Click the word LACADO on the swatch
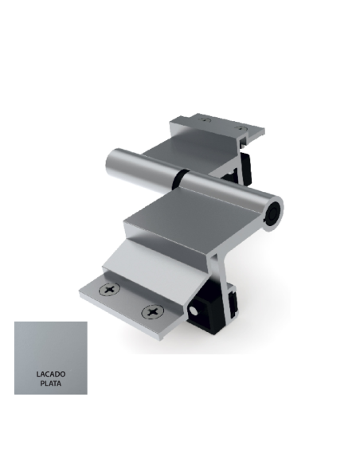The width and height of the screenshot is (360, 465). click(50, 373)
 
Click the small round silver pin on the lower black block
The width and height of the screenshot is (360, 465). click(196, 308)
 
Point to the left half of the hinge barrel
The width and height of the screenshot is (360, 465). click(143, 168)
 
